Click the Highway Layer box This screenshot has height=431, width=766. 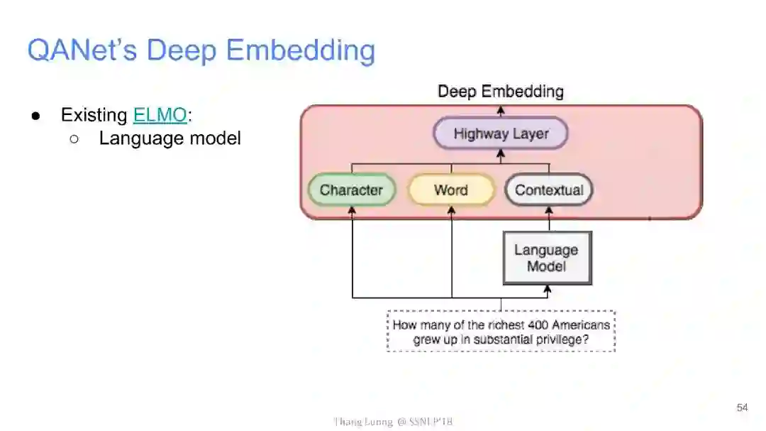point(501,133)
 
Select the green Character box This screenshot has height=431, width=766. point(351,190)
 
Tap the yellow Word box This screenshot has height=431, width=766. point(451,190)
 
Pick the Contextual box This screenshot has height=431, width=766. point(549,190)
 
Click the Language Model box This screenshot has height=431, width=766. point(546,258)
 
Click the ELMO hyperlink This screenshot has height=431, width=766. point(160,115)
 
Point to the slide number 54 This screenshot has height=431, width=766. point(742,408)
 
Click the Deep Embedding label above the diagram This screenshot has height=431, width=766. point(501,92)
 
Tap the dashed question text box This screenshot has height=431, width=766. point(501,332)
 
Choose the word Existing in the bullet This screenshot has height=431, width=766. point(94,115)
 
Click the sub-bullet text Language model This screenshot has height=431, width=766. point(170,138)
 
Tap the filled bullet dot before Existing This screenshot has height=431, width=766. point(35,116)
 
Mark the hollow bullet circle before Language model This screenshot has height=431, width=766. point(74,138)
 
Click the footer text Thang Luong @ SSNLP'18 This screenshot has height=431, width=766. point(393,422)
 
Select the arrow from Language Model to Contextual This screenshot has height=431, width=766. point(549,219)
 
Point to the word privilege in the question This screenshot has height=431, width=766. point(565,339)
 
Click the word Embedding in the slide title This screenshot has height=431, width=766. point(301,51)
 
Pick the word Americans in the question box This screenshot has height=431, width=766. point(577,325)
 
